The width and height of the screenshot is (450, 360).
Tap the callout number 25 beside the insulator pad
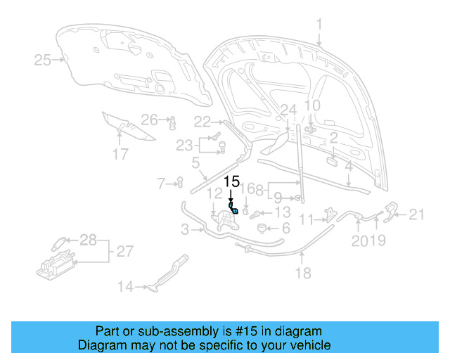pyautogui.click(x=43, y=60)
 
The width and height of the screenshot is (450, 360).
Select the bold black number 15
pyautogui.click(x=232, y=181)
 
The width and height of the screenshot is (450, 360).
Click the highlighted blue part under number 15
pyautogui.click(x=234, y=209)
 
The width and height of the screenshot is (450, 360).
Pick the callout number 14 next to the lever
pyautogui.click(x=125, y=286)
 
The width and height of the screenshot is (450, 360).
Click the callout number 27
pyautogui.click(x=125, y=251)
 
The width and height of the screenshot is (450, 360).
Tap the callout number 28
pyautogui.click(x=88, y=240)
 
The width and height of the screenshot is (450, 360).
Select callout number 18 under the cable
pyautogui.click(x=303, y=274)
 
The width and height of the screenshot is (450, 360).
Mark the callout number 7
pyautogui.click(x=161, y=184)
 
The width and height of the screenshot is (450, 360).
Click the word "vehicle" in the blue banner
pyautogui.click(x=310, y=345)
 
